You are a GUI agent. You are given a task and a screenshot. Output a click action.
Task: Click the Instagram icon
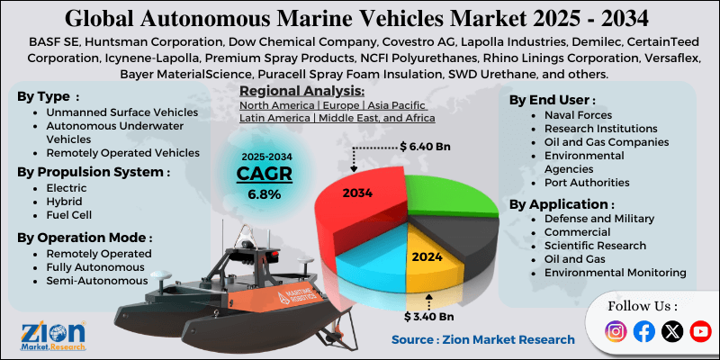pos(616,331)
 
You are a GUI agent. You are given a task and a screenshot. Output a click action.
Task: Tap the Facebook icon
pos(643,331)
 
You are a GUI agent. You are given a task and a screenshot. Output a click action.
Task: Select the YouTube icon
pos(699,331)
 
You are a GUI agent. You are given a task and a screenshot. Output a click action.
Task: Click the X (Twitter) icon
pos(671,331)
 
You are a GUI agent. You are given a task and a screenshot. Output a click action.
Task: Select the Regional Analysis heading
pos(301,92)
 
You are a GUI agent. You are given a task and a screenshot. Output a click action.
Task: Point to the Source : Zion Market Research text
pos(482,339)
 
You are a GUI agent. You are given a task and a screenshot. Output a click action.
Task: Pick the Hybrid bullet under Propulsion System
pos(66,202)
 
